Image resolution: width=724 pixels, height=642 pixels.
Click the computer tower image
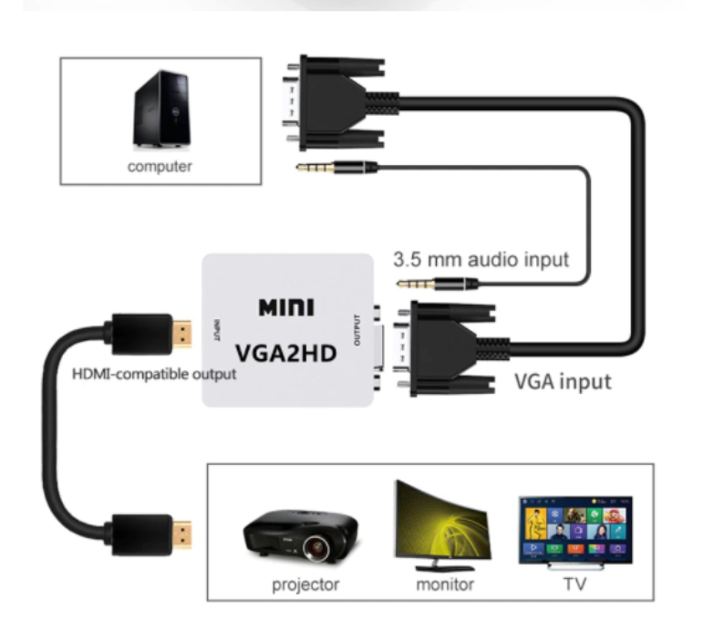[162, 109]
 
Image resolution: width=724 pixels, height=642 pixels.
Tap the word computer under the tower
[160, 167]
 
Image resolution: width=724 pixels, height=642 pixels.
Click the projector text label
[305, 585]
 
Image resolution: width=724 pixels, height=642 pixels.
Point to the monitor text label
[445, 585]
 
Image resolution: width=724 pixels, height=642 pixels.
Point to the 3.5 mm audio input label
[481, 259]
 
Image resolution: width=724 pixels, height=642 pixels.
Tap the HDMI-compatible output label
[154, 374]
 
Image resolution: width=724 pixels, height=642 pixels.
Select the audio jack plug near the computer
[336, 167]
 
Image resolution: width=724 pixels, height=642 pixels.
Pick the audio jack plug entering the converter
[438, 285]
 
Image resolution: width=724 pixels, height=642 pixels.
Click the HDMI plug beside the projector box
[150, 533]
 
